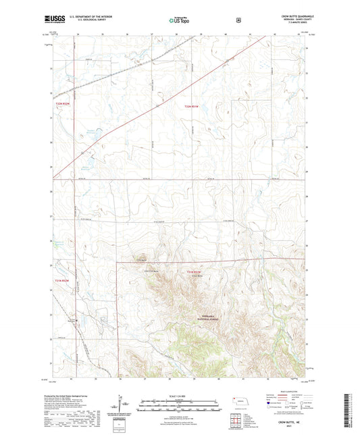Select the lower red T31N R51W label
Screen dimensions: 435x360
point(193,272)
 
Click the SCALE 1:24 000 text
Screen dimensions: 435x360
point(179,397)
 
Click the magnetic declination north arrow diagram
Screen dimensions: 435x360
point(122,407)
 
